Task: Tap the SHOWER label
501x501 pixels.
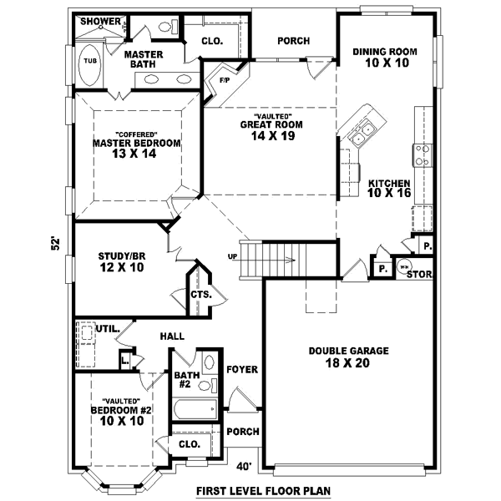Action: point(99,21)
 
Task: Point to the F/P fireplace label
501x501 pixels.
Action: point(225,80)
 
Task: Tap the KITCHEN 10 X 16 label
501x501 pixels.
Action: point(388,188)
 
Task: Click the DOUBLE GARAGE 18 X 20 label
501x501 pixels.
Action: point(337,357)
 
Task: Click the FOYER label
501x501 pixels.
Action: point(242,369)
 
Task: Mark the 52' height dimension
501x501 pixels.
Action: point(56,244)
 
